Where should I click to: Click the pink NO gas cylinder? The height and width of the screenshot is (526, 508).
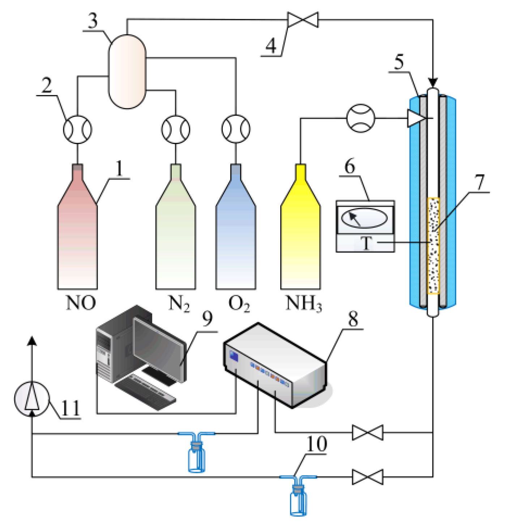77,239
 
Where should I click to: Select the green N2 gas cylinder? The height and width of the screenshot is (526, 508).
176,239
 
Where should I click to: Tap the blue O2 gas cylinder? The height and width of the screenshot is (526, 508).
236,239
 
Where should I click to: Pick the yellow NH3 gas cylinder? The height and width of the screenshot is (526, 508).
300,239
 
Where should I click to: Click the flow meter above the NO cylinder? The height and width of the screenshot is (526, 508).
77,130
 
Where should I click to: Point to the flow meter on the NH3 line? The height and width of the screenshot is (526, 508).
360,118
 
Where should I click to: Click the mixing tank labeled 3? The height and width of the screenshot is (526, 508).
127,71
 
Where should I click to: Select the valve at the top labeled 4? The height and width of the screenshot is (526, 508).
303,20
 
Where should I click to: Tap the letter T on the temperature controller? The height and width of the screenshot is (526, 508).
367,243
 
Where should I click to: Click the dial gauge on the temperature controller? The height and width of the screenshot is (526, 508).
364,218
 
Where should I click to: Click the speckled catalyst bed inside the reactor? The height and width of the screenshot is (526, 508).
433,246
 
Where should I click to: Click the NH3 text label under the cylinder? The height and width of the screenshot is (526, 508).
303,303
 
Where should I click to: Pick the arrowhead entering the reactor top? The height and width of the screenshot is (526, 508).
433,82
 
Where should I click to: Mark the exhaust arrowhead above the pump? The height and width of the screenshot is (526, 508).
32,341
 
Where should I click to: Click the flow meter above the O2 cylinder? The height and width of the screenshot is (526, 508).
236,129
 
